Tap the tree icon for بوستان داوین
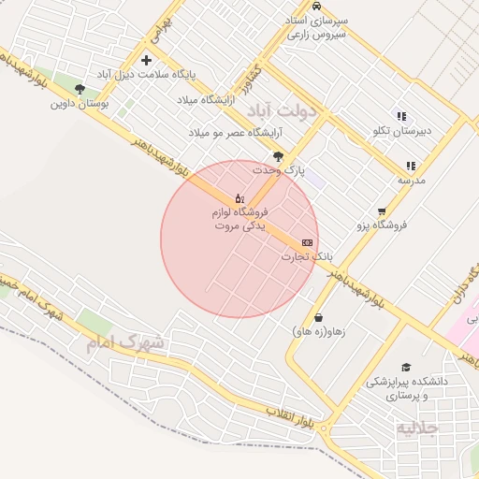(79, 90)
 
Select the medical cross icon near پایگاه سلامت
(146, 60)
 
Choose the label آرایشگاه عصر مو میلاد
(222, 134)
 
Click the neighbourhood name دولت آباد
(283, 109)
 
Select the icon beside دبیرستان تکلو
(400, 117)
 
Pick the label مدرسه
(412, 179)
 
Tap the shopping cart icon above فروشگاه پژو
(382, 211)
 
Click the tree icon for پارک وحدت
(278, 156)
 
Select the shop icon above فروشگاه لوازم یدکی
(239, 198)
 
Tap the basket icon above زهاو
(319, 318)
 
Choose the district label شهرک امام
(125, 342)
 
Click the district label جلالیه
(417, 428)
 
